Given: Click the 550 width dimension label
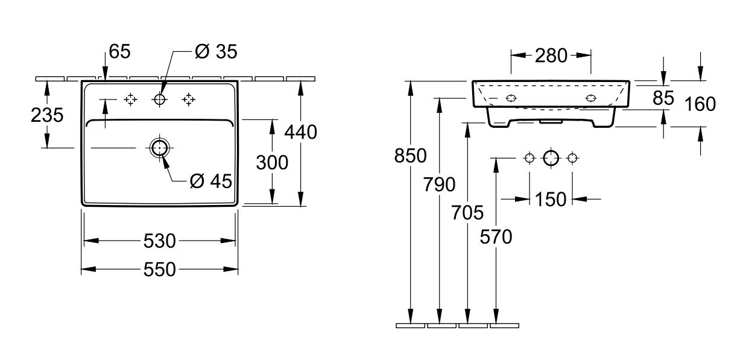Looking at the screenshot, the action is [159, 270].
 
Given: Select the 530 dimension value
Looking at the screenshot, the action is [159, 241].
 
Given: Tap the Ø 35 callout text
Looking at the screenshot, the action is [216, 51].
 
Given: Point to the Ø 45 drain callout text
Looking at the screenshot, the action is [211, 181].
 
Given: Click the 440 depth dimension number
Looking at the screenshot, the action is [300, 132].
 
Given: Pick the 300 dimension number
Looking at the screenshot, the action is [272, 163].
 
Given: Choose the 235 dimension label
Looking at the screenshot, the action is [47, 115].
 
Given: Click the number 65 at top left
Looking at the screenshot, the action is [120, 51].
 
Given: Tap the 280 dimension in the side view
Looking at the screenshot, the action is [551, 55].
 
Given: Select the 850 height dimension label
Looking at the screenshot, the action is [410, 156].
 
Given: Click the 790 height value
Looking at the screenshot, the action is [439, 185].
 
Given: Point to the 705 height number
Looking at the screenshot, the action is [467, 213].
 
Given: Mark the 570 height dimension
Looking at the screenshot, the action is [496, 237].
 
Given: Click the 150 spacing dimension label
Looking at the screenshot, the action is [551, 200].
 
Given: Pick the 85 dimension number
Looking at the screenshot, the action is [663, 98].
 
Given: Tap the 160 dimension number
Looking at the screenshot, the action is [700, 104].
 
